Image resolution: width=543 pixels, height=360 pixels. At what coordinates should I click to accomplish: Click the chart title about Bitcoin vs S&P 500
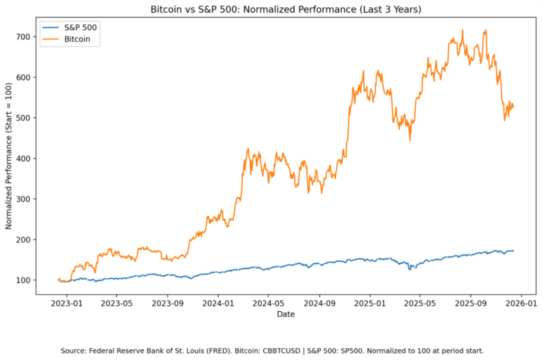click(x=286, y=9)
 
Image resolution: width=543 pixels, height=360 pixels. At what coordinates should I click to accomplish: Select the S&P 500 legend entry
click(x=80, y=27)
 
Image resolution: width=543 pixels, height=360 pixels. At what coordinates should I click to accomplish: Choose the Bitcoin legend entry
click(x=77, y=39)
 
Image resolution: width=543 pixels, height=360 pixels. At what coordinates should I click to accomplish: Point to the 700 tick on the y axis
click(x=23, y=37)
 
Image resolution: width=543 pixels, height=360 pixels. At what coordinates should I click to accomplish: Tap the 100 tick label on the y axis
click(x=23, y=280)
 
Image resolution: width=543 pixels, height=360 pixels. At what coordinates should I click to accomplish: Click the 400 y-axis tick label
click(x=23, y=158)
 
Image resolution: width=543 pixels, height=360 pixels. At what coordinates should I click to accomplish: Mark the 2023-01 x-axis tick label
click(x=67, y=303)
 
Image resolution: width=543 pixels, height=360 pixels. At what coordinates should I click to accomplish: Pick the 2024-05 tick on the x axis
click(x=268, y=303)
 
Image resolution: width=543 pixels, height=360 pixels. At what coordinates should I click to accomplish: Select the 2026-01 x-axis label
click(x=521, y=303)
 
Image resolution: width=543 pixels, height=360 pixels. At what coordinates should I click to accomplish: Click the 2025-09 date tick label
click(x=471, y=303)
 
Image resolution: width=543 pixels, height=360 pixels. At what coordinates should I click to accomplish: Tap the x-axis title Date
click(x=286, y=314)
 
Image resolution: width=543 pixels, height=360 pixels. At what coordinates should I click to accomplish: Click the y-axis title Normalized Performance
click(x=9, y=156)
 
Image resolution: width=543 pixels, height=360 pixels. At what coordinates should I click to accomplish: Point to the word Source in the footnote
click(x=73, y=351)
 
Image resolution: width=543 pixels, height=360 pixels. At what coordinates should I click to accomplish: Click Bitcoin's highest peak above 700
click(x=463, y=30)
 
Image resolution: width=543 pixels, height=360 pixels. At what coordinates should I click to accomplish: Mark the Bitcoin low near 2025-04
click(x=410, y=140)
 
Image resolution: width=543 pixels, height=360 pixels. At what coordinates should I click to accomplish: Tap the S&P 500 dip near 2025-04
click(x=410, y=270)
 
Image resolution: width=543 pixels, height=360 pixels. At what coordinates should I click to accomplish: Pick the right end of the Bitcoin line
click(x=513, y=108)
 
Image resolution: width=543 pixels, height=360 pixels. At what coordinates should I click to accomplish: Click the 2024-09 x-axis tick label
click(x=320, y=303)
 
